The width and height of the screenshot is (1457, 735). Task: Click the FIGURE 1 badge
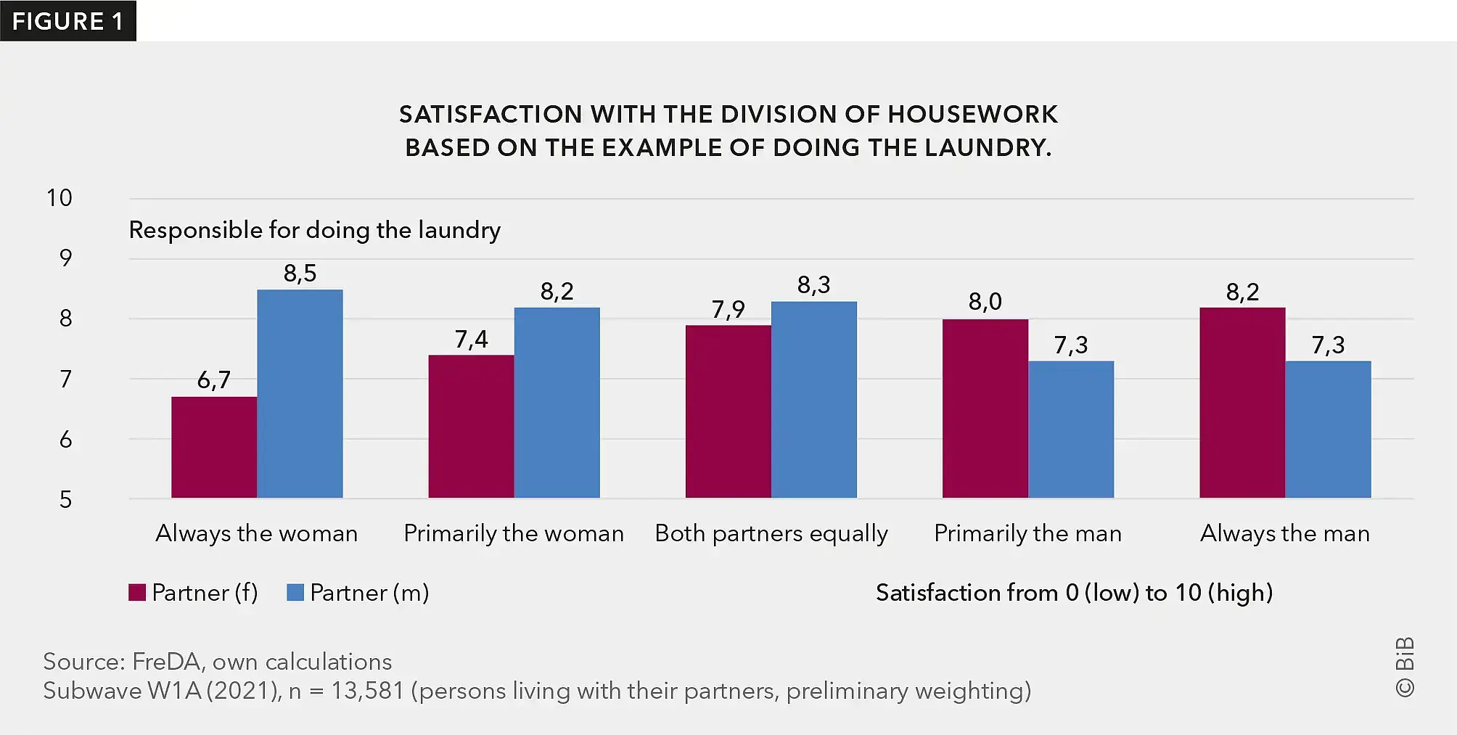[67, 21]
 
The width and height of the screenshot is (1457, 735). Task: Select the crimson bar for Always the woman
[214, 447]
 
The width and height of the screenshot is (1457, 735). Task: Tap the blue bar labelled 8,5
[300, 393]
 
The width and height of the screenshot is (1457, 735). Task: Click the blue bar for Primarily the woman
[557, 403]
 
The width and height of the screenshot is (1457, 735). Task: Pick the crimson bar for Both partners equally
[728, 411]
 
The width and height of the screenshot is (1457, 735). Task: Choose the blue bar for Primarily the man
[1071, 430]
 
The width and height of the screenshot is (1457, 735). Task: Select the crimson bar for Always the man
[1242, 403]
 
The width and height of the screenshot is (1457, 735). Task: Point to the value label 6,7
[214, 379]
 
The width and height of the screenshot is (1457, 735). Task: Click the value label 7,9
[728, 310]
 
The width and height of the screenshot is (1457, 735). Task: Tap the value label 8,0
[985, 302]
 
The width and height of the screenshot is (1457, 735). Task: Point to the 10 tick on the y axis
[59, 198]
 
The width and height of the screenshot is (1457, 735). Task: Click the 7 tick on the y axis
[65, 379]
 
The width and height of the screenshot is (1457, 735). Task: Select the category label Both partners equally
[771, 533]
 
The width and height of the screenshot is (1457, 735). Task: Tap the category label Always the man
[1285, 533]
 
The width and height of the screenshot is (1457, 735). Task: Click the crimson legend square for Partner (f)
[137, 593]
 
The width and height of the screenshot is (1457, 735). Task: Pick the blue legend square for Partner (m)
[295, 593]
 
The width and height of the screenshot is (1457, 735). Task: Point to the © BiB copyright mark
[1405, 668]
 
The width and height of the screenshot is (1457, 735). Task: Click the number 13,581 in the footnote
[367, 691]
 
